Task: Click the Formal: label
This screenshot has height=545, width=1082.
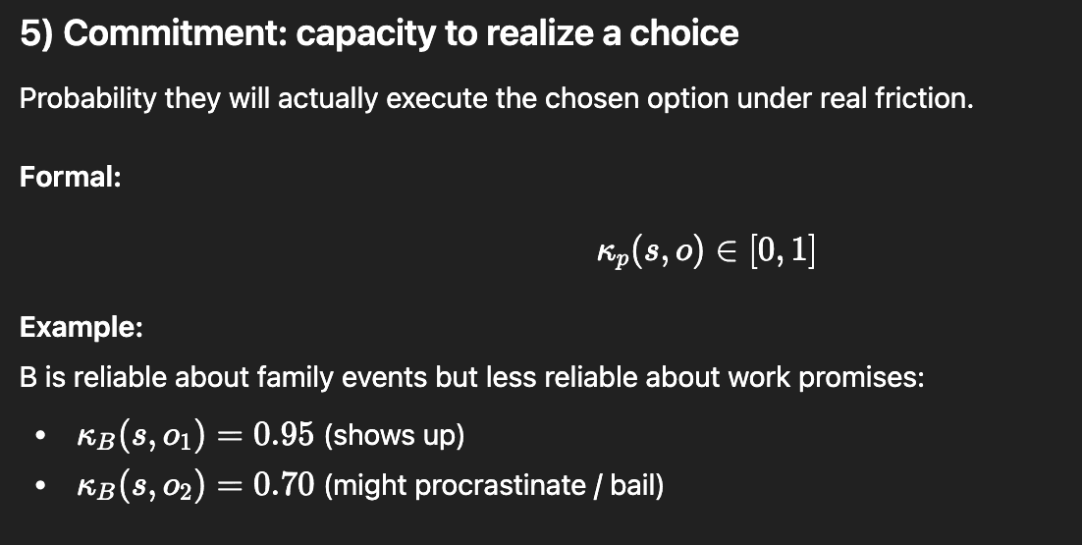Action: pyautogui.click(x=71, y=178)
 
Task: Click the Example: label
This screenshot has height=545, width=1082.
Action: pyautogui.click(x=81, y=327)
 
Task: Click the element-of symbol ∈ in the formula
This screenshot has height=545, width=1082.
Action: pyautogui.click(x=726, y=250)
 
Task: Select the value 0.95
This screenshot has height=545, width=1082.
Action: pyautogui.click(x=284, y=435)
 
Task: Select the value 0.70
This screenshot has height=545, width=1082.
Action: pyautogui.click(x=284, y=485)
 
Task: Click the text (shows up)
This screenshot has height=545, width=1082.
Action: pyautogui.click(x=394, y=436)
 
